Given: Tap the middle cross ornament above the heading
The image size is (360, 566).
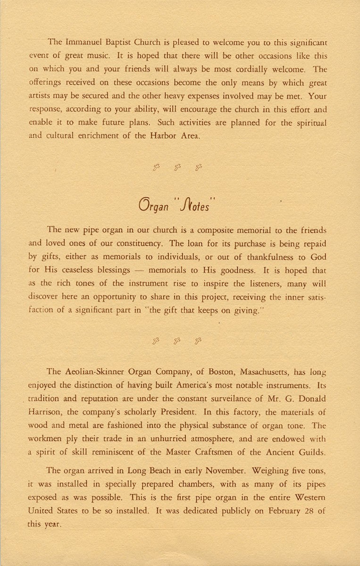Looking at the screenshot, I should tap(178, 166).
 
